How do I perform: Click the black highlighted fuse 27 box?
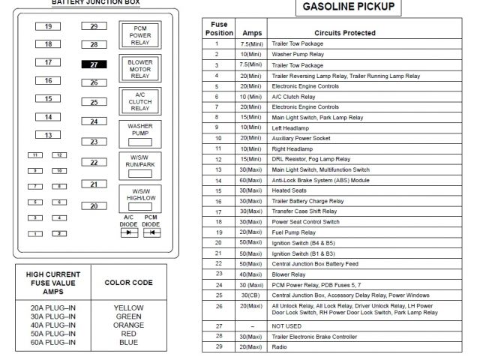[94, 64]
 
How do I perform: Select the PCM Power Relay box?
[139, 35]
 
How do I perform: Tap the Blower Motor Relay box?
[139, 69]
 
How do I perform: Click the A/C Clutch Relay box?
[139, 102]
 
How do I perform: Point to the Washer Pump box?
[139, 134]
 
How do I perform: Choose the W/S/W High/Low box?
[139, 197]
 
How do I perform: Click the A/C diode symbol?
[129, 232]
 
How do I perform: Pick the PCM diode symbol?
[151, 232]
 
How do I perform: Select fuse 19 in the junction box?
[48, 26]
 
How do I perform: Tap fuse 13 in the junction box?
[48, 135]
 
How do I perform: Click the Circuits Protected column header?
[345, 33]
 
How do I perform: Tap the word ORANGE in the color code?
[128, 325]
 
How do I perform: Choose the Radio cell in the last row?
[280, 346]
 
